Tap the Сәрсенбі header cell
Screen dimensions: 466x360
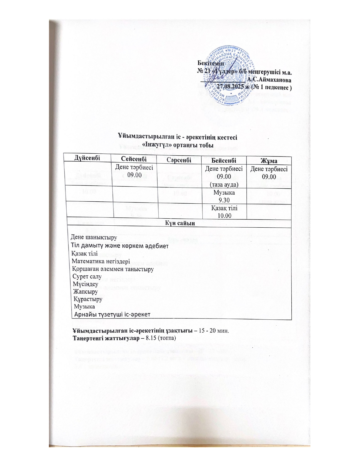click(x=179, y=160)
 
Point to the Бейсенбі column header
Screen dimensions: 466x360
click(x=224, y=160)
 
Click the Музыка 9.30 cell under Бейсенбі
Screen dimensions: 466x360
click(x=224, y=196)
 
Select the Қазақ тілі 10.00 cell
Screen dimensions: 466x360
click(x=224, y=212)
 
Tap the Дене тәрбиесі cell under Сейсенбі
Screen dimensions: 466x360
click(x=134, y=171)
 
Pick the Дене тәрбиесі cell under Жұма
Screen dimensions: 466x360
click(x=269, y=173)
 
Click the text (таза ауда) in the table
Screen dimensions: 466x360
click(x=224, y=184)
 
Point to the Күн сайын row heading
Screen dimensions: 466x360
click(x=179, y=223)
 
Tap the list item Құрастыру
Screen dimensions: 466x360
click(x=88, y=299)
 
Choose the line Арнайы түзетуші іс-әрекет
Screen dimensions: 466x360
click(x=112, y=314)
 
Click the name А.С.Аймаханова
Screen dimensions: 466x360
click(x=271, y=80)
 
